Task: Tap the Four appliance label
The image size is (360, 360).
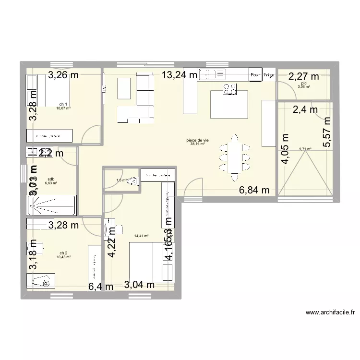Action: click(x=254, y=75)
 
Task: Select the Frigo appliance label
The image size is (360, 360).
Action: click(x=269, y=75)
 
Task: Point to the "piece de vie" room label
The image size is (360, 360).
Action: click(x=197, y=140)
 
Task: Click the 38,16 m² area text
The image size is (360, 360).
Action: click(x=197, y=144)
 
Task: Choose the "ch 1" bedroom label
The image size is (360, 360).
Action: click(x=63, y=104)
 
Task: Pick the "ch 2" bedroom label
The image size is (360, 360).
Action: click(x=63, y=253)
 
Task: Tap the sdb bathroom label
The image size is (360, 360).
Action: click(x=51, y=179)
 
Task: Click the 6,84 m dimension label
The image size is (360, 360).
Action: click(x=254, y=191)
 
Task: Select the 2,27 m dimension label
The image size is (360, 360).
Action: click(x=303, y=76)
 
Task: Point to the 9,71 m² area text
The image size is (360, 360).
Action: click(x=305, y=149)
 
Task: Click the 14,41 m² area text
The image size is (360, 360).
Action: click(x=142, y=236)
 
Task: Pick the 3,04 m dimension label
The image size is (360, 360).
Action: click(x=139, y=285)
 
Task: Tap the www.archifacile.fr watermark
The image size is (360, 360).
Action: click(x=331, y=312)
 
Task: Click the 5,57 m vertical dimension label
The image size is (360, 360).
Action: click(x=327, y=132)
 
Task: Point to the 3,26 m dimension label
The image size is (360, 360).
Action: click(x=63, y=74)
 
